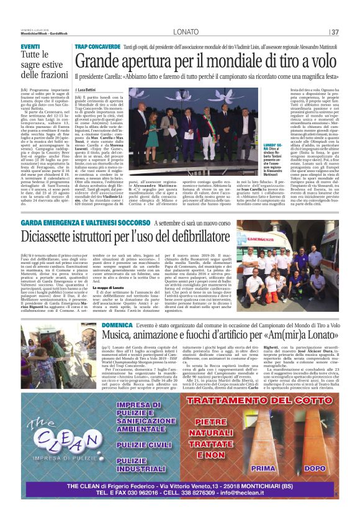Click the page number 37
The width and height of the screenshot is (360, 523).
click(x=335, y=32)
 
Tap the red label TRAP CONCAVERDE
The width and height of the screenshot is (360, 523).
click(x=97, y=47)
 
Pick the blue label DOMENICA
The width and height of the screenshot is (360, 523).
click(x=117, y=325)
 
